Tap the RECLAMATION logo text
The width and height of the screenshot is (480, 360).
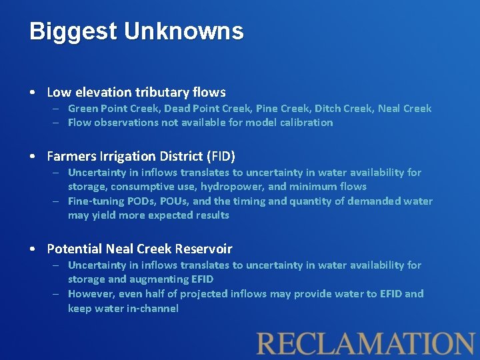point(366,343)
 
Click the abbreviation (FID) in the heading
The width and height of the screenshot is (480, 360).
point(221,156)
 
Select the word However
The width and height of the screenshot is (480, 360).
point(90,293)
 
